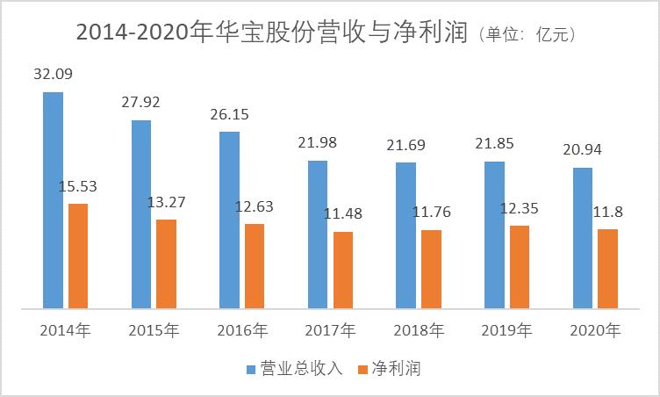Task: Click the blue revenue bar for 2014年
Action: (x=54, y=200)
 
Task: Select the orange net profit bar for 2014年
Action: (x=78, y=256)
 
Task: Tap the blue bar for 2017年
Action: (x=318, y=235)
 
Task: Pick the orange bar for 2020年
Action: (x=607, y=269)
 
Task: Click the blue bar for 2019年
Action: (x=494, y=235)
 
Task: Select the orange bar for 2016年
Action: (x=255, y=266)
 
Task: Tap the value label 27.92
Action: (x=142, y=104)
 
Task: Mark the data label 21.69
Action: (x=406, y=143)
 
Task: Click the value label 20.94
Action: (x=583, y=149)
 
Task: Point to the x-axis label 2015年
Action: (x=154, y=331)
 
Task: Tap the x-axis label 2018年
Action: (x=418, y=331)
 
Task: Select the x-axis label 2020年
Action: (x=594, y=331)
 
